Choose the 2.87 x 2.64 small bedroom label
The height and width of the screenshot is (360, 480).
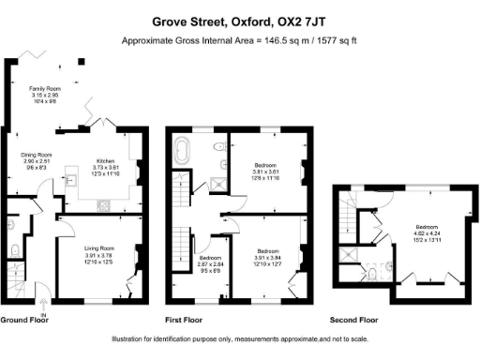pyautogui.click(x=210, y=264)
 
